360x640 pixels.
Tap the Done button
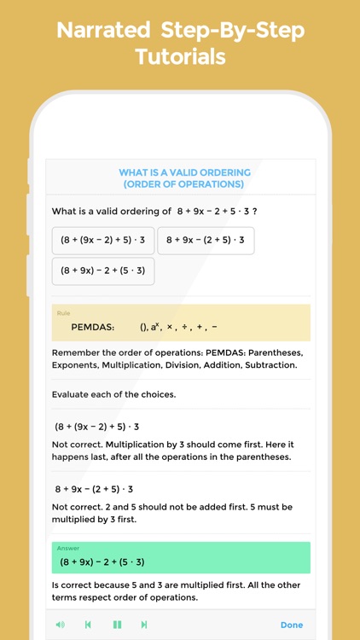[292, 625]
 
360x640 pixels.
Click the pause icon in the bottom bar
[117, 625]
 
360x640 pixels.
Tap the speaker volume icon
[60, 625]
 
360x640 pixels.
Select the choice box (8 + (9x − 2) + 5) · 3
[102, 241]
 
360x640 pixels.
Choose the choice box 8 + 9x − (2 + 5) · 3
[206, 241]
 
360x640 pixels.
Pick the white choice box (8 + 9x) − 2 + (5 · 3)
[102, 271]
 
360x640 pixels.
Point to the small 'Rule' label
[63, 313]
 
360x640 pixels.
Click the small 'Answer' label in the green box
[68, 548]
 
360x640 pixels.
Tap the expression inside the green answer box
[102, 561]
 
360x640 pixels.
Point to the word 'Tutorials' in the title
[180, 57]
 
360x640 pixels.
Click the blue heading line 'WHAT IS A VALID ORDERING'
[184, 172]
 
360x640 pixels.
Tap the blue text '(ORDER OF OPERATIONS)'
[183, 183]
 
